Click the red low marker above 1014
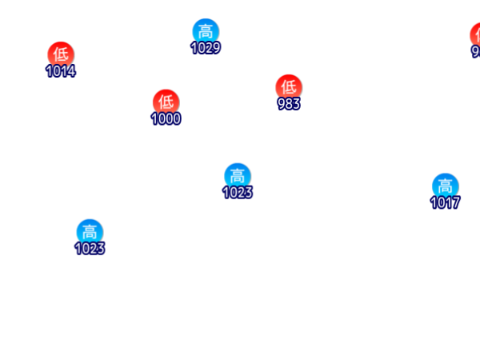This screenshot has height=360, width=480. click(61, 54)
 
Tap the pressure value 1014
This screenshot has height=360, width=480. click(61, 71)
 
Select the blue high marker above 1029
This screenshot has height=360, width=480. click(206, 31)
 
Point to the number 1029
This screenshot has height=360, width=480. click(206, 48)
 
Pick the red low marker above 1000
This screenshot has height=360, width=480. click(166, 102)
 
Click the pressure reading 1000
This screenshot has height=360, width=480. click(166, 119)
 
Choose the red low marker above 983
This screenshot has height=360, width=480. click(288, 86)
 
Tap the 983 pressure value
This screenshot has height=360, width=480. click(288, 103)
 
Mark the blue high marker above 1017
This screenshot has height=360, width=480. click(445, 186)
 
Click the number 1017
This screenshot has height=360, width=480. click(445, 202)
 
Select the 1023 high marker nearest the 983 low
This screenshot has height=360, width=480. click(237, 175)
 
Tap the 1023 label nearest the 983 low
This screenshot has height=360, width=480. click(237, 193)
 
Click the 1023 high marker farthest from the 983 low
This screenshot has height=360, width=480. click(90, 232)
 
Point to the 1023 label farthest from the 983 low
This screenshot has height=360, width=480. click(90, 249)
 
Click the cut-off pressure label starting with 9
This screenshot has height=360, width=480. click(476, 52)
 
